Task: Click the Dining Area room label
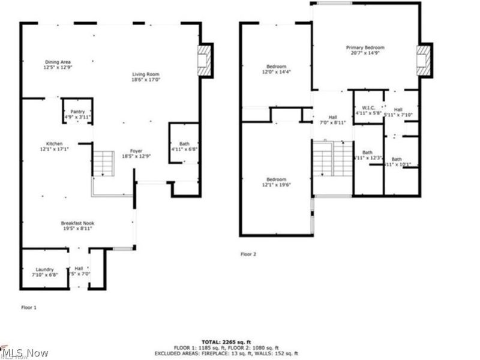(x=58, y=65)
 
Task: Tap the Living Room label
(x=146, y=77)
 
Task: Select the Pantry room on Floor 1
(x=78, y=114)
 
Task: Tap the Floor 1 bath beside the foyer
(x=183, y=146)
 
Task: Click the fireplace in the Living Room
(x=204, y=61)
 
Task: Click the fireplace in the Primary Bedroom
(x=424, y=61)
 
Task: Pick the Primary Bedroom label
(x=365, y=50)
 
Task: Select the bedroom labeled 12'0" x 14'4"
(x=276, y=69)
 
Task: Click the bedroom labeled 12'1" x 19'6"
(x=276, y=182)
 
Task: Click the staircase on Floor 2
(x=333, y=160)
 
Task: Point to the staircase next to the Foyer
(x=103, y=163)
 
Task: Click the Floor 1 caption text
(x=29, y=307)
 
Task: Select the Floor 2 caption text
(x=248, y=254)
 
